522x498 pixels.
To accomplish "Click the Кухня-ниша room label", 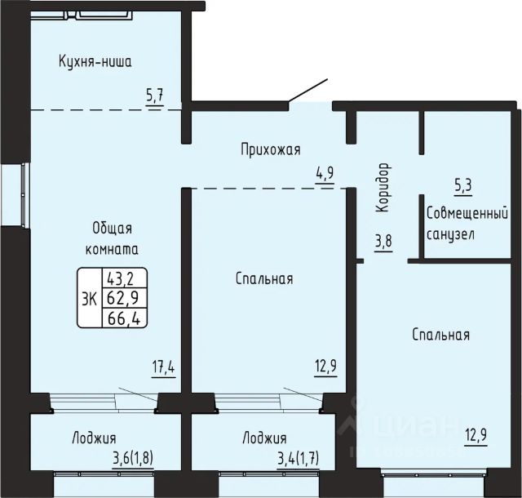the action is click(95, 62).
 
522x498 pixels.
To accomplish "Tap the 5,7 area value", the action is click(155, 97).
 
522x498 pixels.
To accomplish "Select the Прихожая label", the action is click(271, 149).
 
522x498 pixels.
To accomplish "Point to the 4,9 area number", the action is click(325, 173).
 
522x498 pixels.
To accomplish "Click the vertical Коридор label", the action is click(383, 187).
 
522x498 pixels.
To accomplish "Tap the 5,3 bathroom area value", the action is click(463, 185).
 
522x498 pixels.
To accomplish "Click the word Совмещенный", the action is click(467, 214).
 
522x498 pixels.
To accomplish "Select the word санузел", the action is click(450, 234).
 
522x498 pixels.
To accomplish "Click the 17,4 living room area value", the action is click(163, 367).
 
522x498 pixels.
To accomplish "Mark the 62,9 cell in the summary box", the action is click(124, 298).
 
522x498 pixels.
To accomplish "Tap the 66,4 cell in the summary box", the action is click(124, 318).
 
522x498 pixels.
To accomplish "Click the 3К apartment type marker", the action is click(89, 298).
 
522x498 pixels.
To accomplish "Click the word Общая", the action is click(113, 229).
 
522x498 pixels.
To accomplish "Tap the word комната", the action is click(113, 249).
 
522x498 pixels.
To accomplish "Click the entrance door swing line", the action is click(308, 90).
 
